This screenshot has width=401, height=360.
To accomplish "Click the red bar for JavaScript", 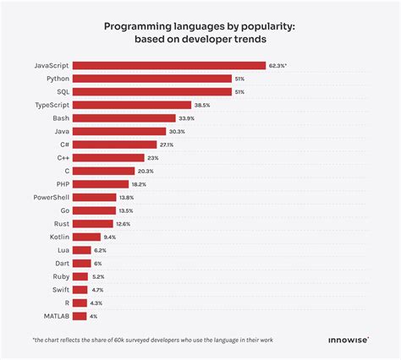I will coord(169,65).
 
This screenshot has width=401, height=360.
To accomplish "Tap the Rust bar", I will coord(94,223).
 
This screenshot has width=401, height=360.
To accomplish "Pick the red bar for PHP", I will coord(102,183).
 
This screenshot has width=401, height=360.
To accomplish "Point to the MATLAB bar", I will coord(80,316).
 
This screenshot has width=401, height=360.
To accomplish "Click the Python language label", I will coord(57,79).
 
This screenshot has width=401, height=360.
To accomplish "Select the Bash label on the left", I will coord(59,118).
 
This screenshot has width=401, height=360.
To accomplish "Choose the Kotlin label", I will coord(58,237).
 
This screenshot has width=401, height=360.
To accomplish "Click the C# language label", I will coord(63,145).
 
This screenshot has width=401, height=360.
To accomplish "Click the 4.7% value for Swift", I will coord(99,289).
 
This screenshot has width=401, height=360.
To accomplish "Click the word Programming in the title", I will coord(137,26).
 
